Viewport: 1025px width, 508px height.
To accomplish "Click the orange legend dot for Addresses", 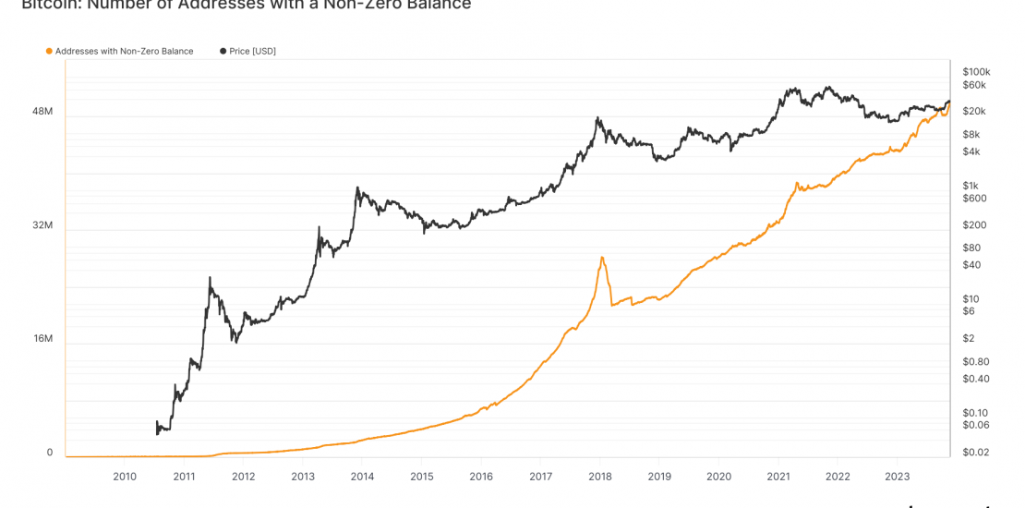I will pyautogui.click(x=49, y=51).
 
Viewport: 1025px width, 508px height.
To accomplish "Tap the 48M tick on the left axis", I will pyautogui.click(x=42, y=112).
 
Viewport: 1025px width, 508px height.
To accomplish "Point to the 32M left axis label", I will pyautogui.click(x=42, y=225).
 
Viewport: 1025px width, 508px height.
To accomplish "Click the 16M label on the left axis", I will pyautogui.click(x=42, y=339).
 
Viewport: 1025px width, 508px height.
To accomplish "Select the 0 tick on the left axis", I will pyautogui.click(x=50, y=453).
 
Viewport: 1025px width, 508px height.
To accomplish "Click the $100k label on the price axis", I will pyautogui.click(x=976, y=71).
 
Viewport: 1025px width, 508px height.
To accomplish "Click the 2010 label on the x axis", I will pyautogui.click(x=125, y=477).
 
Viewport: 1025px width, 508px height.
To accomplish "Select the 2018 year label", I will pyautogui.click(x=600, y=477).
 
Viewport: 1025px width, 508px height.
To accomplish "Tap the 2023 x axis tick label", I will pyautogui.click(x=898, y=477).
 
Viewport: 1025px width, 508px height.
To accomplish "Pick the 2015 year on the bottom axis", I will pyautogui.click(x=422, y=477).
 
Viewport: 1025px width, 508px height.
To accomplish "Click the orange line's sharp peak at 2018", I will pyautogui.click(x=602, y=257).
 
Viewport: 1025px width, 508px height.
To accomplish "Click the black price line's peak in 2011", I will pyautogui.click(x=210, y=277).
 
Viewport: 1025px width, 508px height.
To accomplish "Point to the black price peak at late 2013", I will pyautogui.click(x=356, y=188).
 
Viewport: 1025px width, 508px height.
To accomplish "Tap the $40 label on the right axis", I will pyautogui.click(x=971, y=265).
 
